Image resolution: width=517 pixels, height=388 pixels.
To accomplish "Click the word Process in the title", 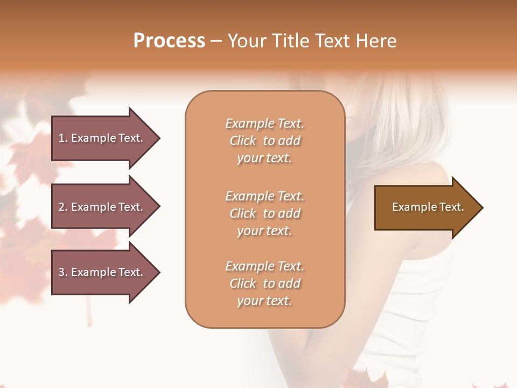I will click(169, 41).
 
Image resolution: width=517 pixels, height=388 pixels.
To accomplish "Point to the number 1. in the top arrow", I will click(63, 138).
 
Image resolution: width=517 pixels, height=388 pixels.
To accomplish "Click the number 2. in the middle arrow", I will click(63, 207).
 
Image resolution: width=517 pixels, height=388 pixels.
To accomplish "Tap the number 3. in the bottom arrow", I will click(63, 272).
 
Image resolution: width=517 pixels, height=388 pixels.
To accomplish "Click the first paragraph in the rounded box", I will click(264, 141).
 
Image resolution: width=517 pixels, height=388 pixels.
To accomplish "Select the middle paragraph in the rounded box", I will click(264, 213).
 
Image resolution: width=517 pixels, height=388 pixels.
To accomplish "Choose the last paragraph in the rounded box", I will click(264, 283).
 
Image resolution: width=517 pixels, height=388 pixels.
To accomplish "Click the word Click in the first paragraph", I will click(243, 141).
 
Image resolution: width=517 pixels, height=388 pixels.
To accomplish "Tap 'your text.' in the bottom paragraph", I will click(264, 301).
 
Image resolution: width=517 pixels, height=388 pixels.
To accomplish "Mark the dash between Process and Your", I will click(216, 41).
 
